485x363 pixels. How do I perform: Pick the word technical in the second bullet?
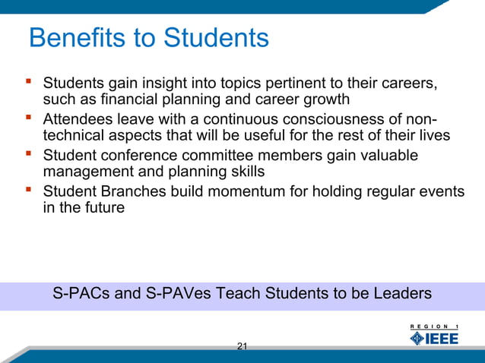click(73, 136)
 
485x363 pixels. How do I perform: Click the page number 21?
click(242, 347)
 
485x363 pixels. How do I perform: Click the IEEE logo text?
click(444, 338)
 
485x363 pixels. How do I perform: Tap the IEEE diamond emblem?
click(417, 338)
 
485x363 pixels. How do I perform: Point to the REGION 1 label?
click(439, 326)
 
